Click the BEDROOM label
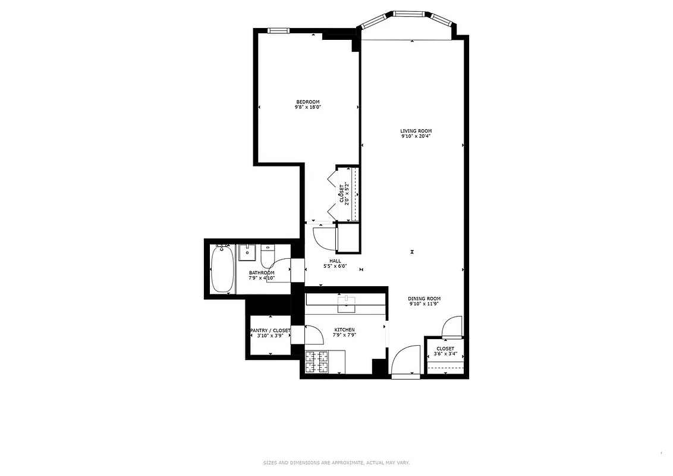308,101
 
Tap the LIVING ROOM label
416,131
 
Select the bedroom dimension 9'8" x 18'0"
308,107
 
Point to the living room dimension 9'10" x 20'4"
416,136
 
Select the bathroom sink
246,253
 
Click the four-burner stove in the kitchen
317,362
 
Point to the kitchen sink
345,304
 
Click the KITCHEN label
344,330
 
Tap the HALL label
335,261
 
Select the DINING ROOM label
424,299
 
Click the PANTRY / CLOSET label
270,330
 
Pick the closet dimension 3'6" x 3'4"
445,354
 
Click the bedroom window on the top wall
278,31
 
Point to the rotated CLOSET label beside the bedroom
342,193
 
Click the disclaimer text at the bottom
336,462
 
